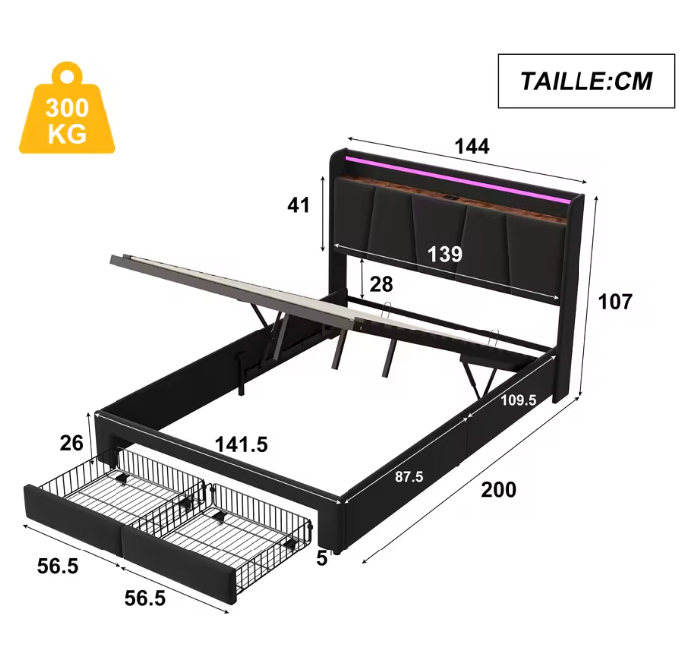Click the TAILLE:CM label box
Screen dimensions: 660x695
pos(585,81)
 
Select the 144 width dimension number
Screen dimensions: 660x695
pos(472,146)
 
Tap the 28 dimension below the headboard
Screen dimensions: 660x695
pos(381,285)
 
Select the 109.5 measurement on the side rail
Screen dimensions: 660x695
pos(519,401)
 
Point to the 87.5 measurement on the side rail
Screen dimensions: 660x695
pos(408,477)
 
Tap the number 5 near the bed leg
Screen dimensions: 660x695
pos(322,559)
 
